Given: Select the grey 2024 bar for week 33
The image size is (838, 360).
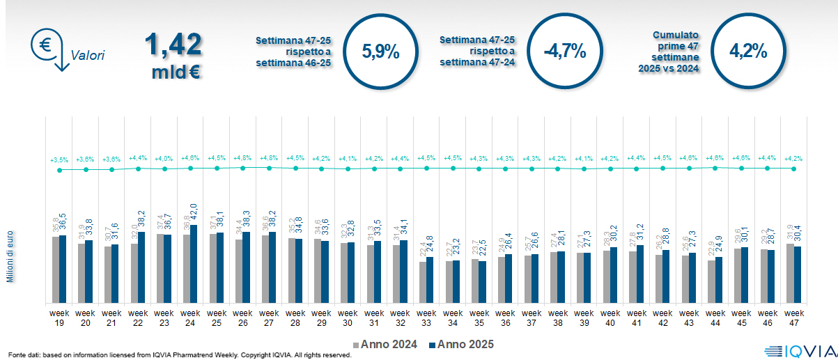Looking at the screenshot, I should point(422,282).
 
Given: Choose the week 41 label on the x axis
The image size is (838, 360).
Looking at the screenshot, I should point(637,318).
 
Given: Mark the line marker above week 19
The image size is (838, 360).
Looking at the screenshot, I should point(60,170).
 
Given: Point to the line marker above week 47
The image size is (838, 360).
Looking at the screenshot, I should point(794,169).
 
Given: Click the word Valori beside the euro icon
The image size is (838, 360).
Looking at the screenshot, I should point(87,56).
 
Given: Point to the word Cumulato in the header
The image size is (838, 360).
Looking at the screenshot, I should point(676,34).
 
